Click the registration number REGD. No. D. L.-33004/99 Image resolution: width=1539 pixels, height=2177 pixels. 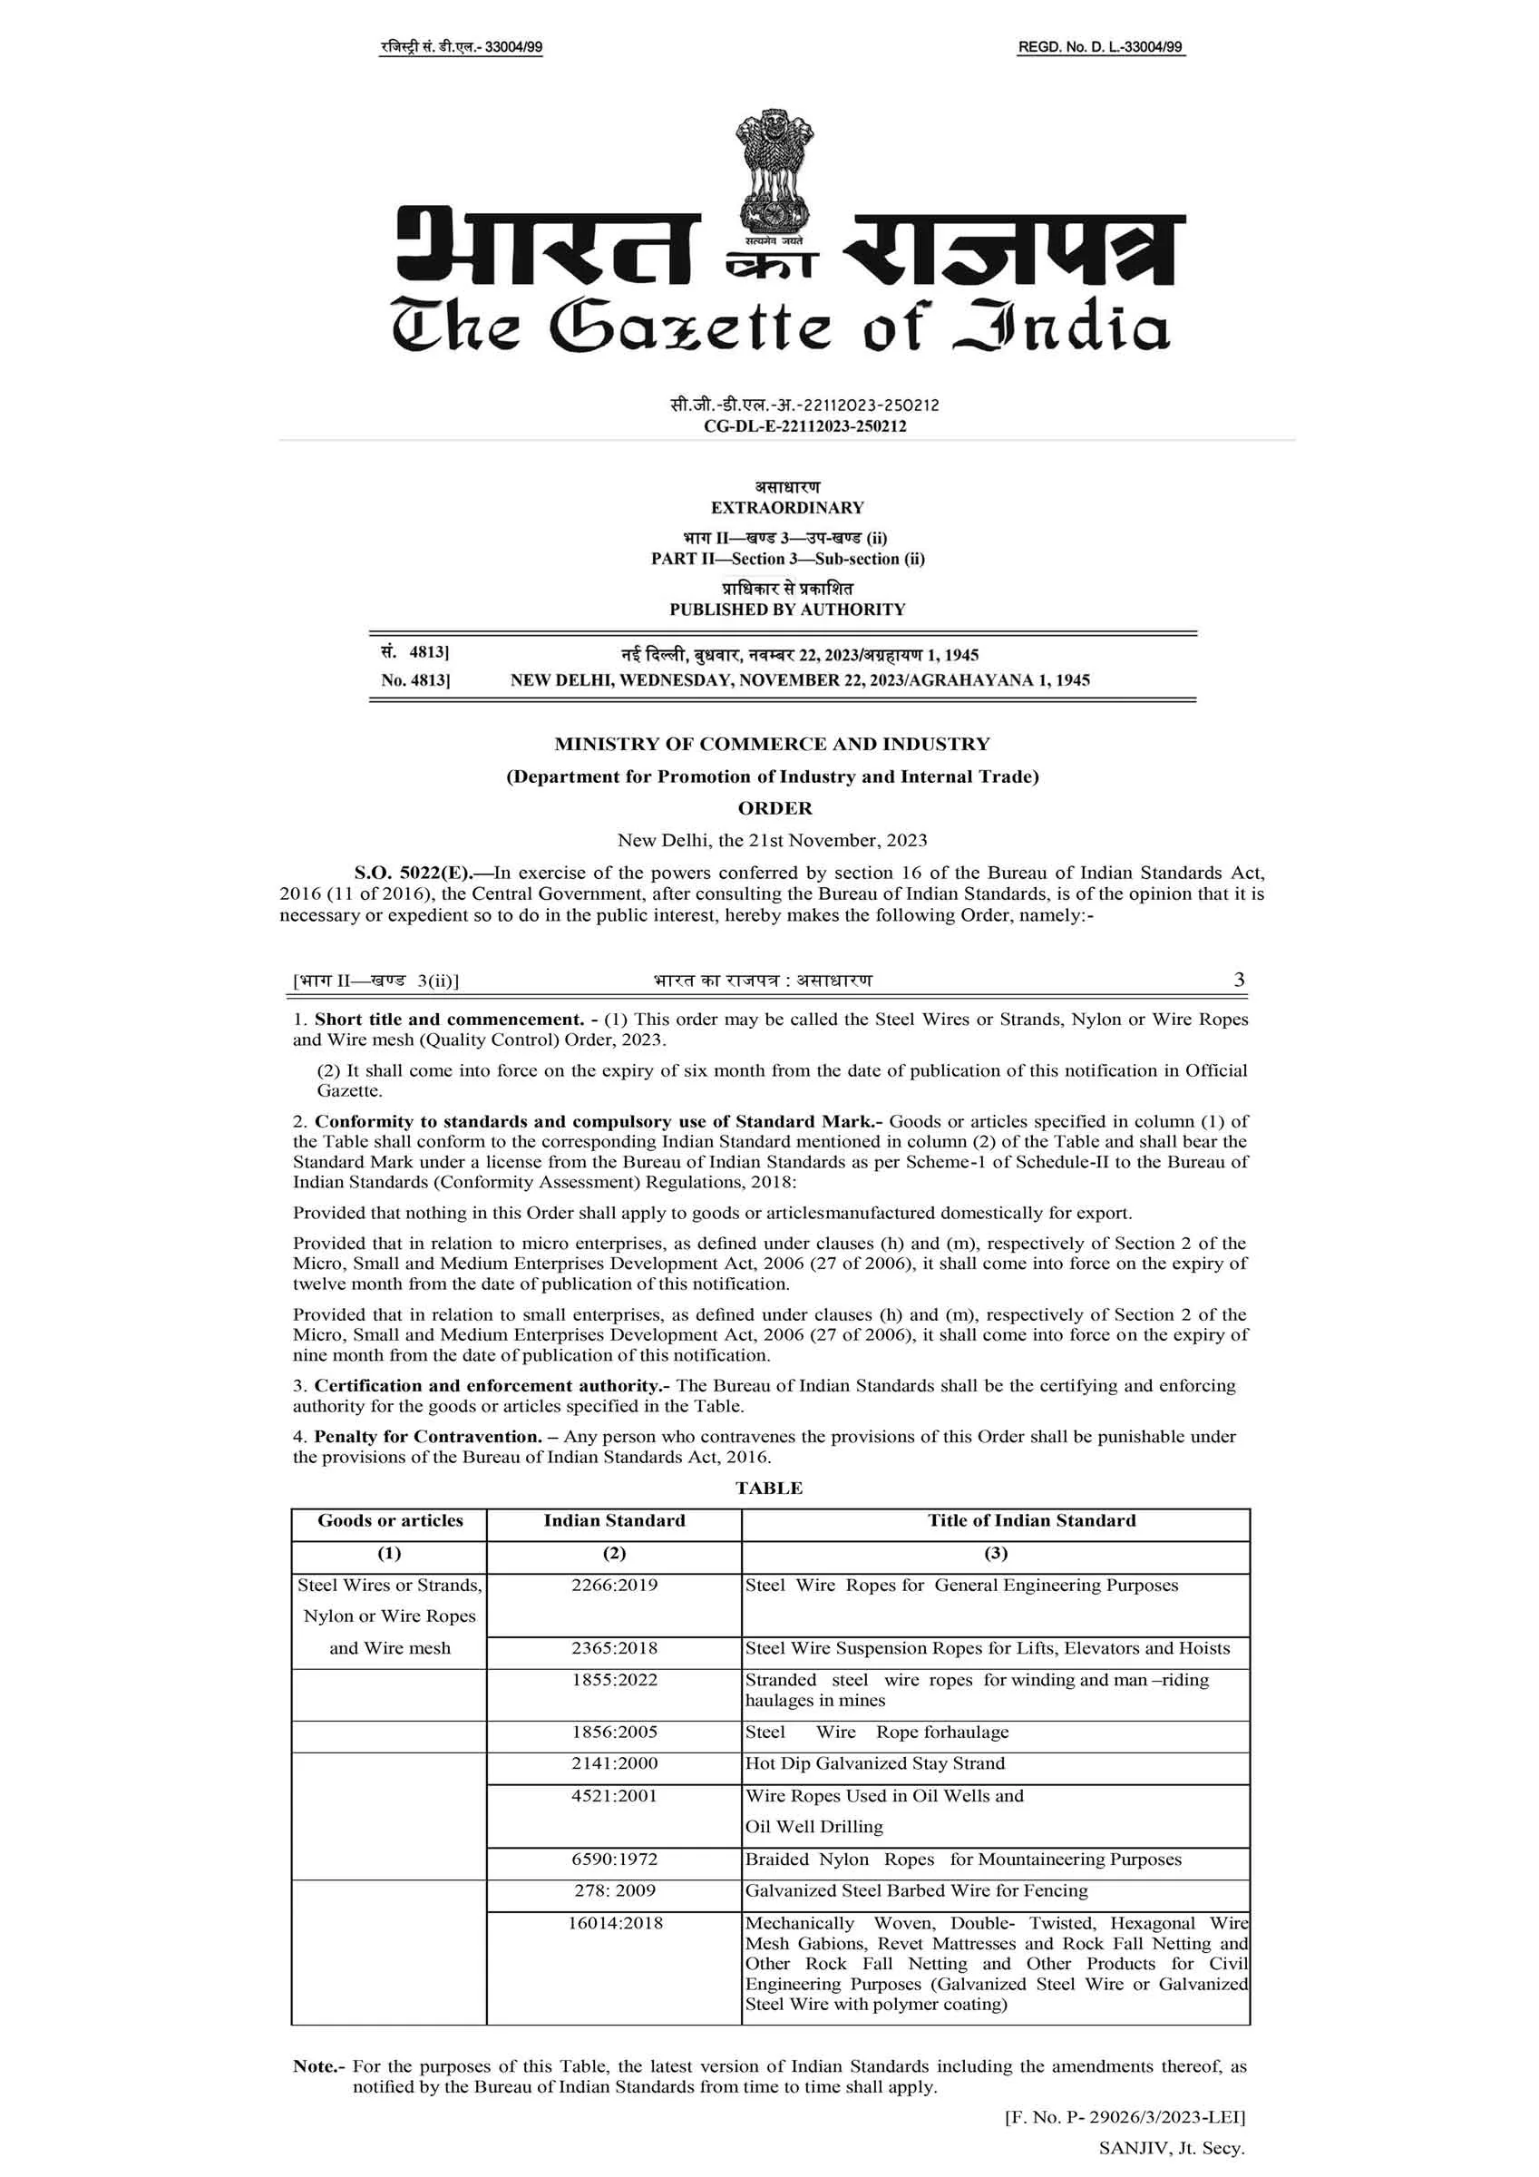tap(1100, 47)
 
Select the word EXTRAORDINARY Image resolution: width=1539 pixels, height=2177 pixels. tap(787, 507)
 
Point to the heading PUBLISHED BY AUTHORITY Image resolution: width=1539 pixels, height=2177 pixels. tap(787, 610)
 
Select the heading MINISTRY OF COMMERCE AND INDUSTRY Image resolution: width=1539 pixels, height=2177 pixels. tap(772, 745)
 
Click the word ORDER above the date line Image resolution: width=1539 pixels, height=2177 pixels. tap(774, 808)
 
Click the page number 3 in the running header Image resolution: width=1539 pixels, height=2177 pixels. tap(1239, 980)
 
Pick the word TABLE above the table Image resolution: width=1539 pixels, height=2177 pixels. tap(769, 1489)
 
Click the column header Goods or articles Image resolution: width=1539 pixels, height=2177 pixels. tap(390, 1521)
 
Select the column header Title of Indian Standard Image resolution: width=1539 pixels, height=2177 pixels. tap(1031, 1521)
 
